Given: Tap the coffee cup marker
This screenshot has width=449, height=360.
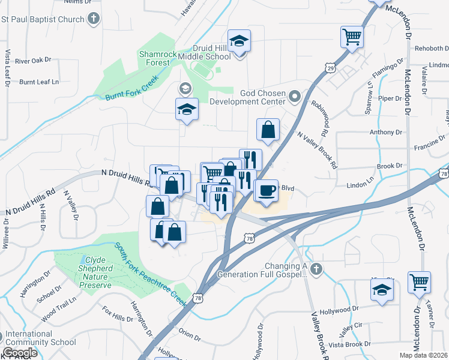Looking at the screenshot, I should tap(266, 191).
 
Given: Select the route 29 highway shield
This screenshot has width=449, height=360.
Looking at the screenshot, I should tap(330, 67).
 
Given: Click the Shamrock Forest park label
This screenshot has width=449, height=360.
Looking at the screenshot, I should tap(158, 58).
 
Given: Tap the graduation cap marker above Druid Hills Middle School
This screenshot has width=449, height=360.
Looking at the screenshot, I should tap(239, 41).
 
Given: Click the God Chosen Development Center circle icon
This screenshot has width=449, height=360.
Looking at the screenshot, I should tap(294, 96).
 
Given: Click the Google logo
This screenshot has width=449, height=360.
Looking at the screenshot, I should tap(20, 353).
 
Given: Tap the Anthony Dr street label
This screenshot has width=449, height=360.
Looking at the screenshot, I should tap(386, 132).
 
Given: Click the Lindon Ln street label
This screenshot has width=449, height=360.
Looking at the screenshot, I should tap(361, 179).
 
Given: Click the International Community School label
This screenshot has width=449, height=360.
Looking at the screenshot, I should tap(41, 338).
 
